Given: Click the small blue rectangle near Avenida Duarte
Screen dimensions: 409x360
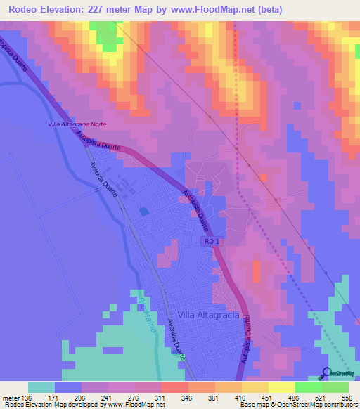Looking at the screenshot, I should pos(144,211).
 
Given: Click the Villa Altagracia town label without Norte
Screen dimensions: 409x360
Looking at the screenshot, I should pos(209,316).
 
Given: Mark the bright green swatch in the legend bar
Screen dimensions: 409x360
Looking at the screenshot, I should pos(308,387).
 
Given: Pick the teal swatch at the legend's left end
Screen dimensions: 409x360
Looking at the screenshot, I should pos(41,387).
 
